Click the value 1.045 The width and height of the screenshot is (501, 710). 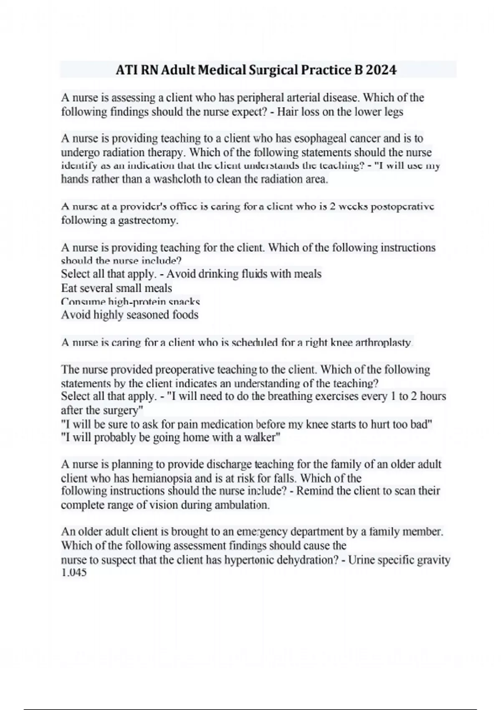pos(74,573)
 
